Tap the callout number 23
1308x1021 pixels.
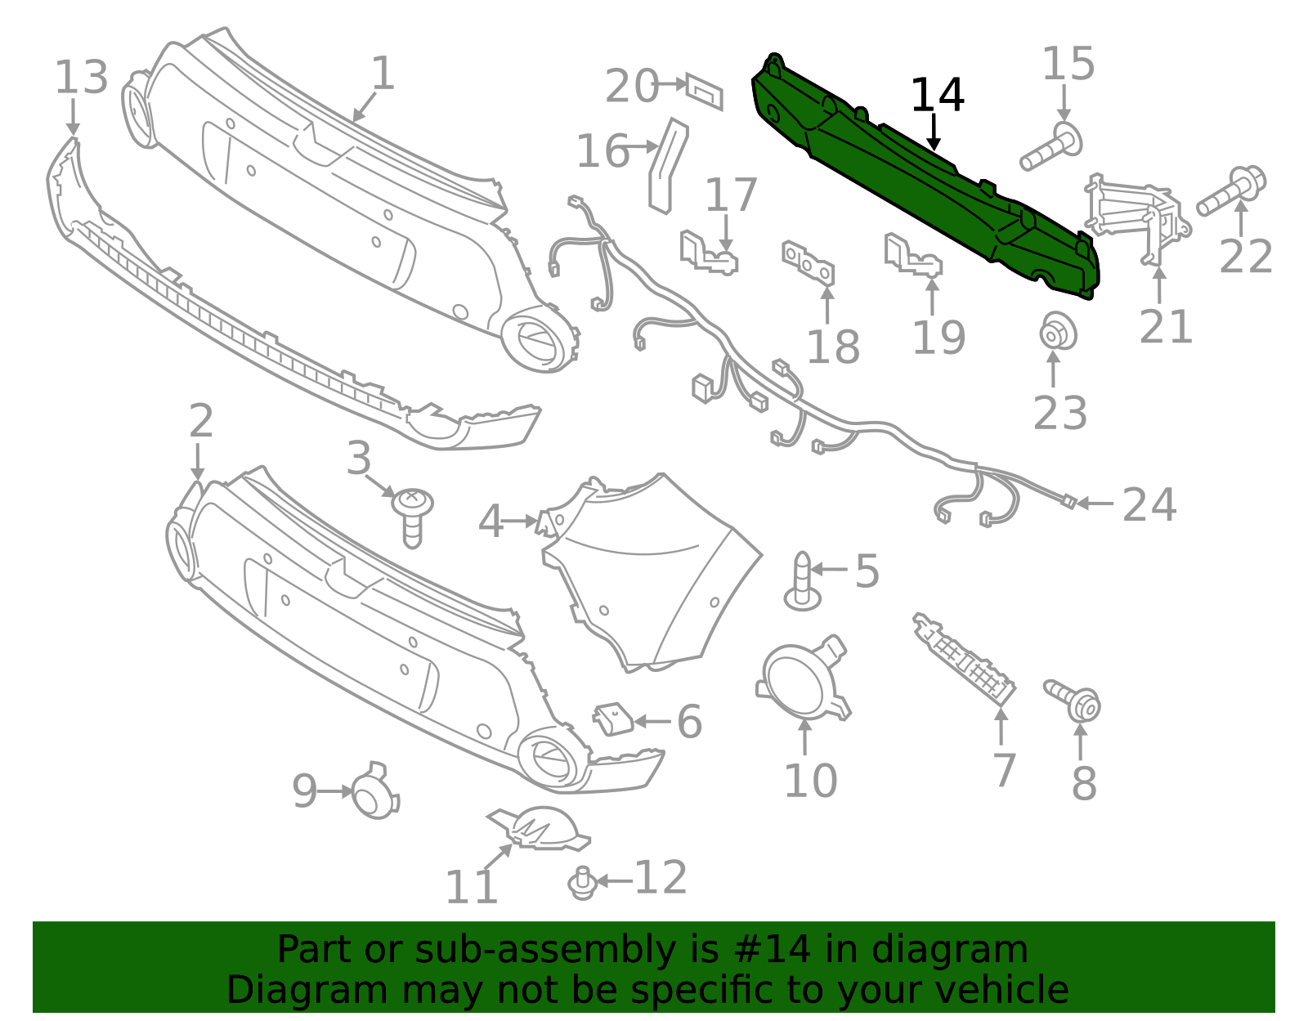tap(1059, 413)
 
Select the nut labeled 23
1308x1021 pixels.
tap(1057, 331)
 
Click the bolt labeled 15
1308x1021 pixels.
tap(1050, 147)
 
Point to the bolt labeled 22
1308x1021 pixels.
tap(1231, 191)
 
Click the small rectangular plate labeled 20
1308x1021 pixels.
tap(704, 92)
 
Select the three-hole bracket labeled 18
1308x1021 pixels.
tap(809, 262)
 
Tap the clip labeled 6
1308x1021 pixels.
tap(613, 719)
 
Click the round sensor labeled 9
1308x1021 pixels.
tap(374, 792)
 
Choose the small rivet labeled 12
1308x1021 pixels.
tap(582, 883)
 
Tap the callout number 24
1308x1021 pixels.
tap(1149, 504)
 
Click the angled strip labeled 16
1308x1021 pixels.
tap(668, 165)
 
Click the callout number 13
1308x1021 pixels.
tap(81, 78)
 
